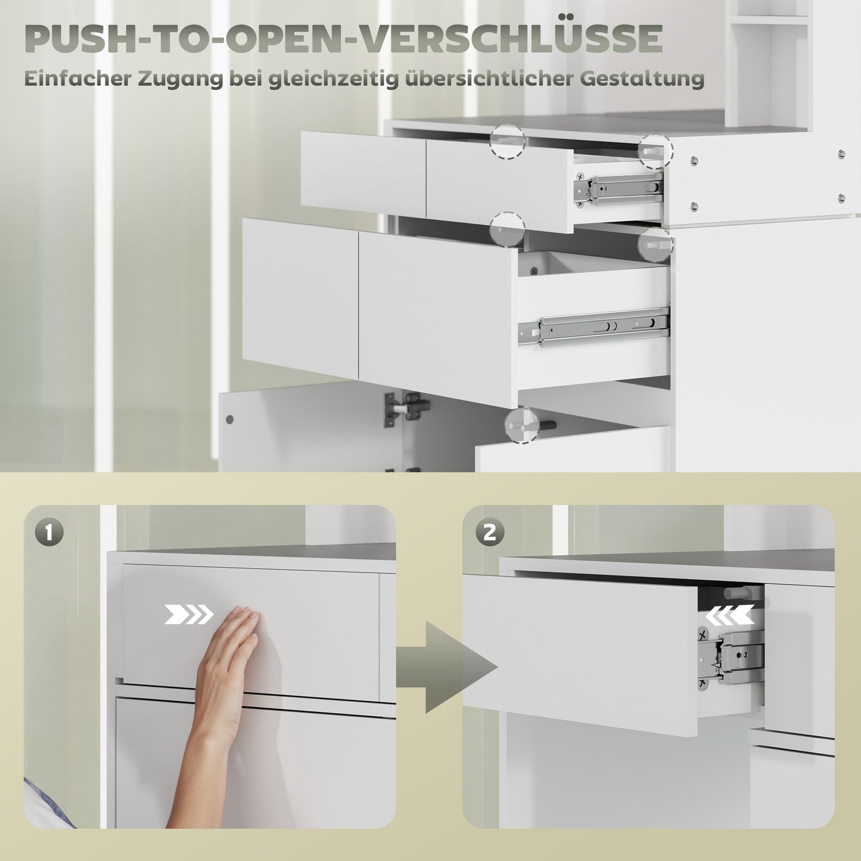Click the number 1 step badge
tap(49, 532)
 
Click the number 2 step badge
tap(489, 532)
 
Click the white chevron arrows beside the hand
tap(188, 614)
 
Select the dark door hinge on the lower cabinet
tap(408, 408)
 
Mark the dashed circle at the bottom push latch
tap(522, 425)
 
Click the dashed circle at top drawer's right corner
tap(655, 150)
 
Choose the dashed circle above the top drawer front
tap(508, 141)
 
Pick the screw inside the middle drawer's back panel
tap(533, 271)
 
